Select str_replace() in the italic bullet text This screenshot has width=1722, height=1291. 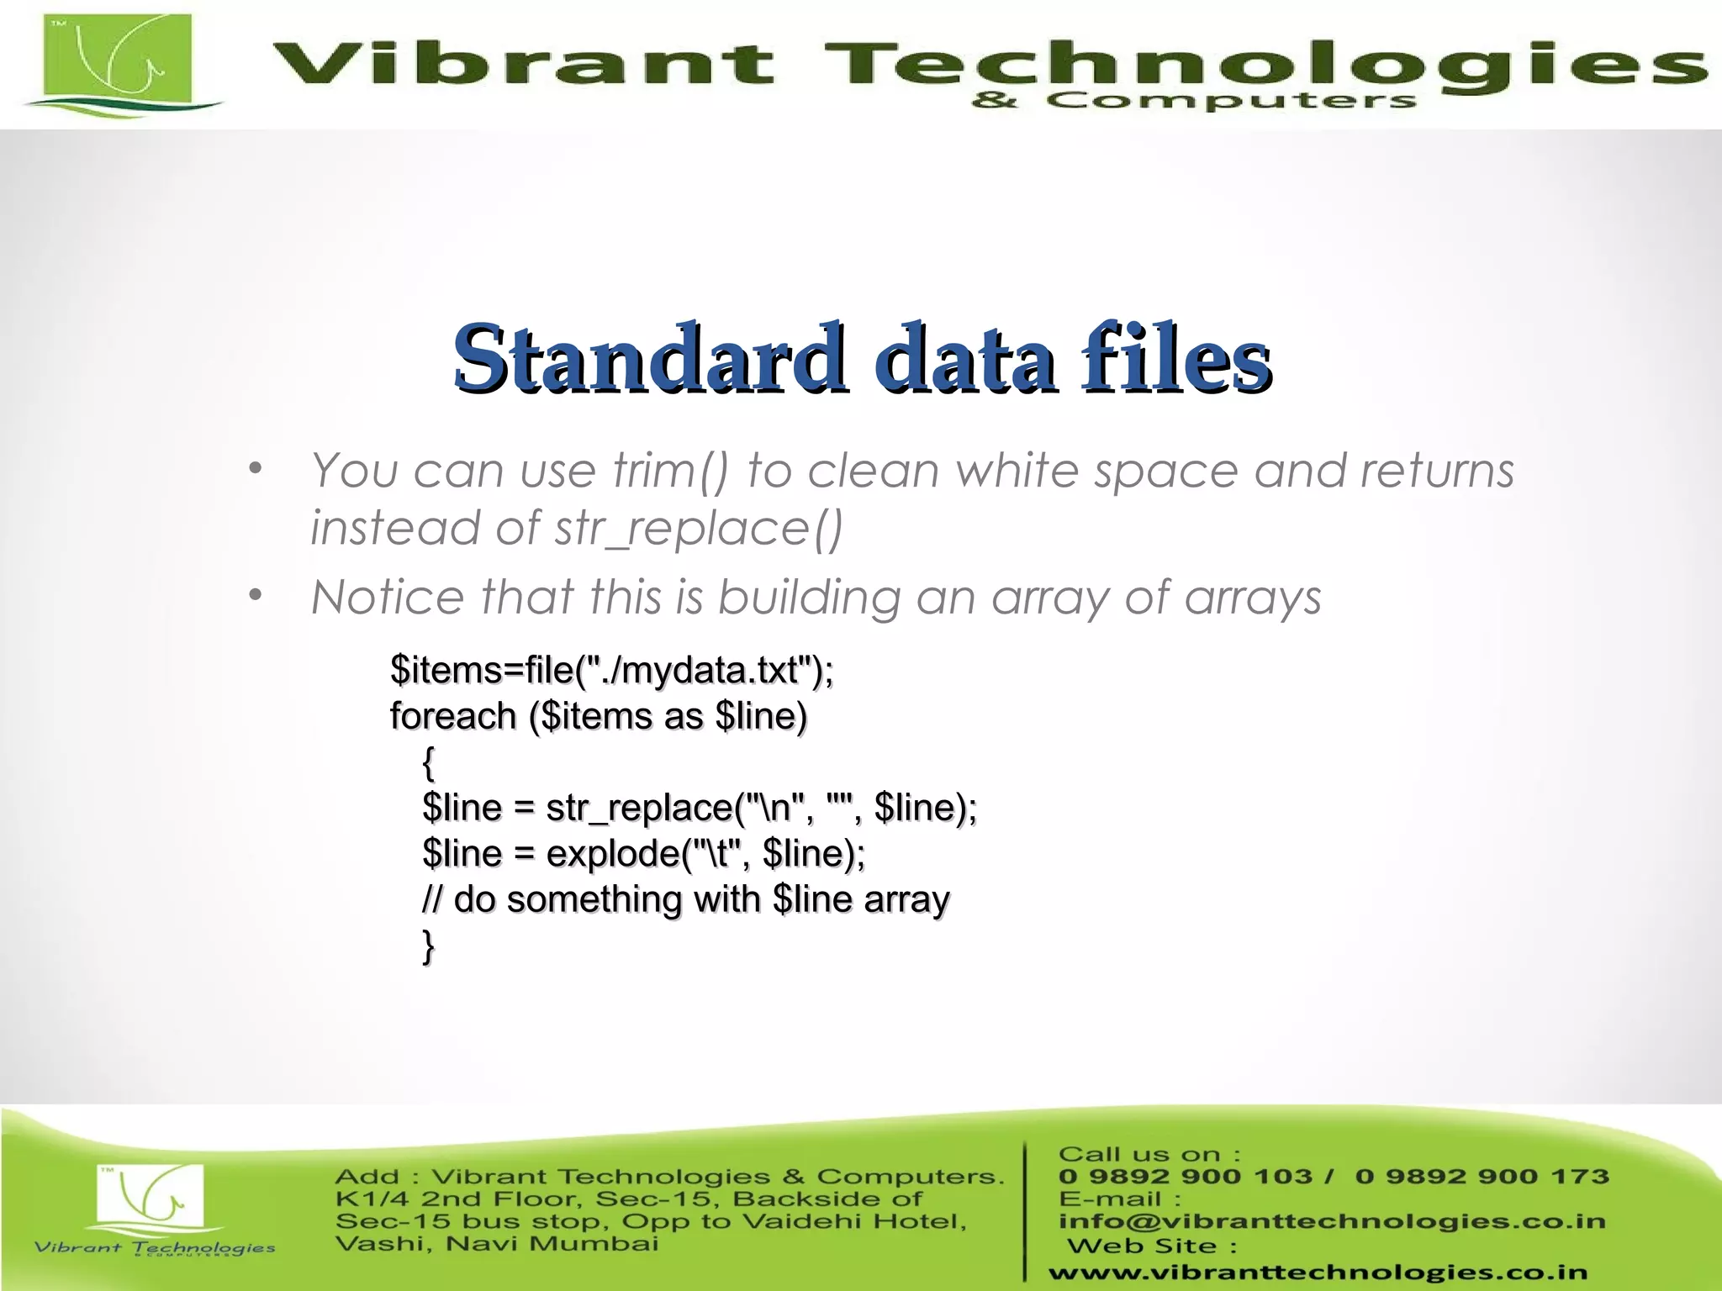click(698, 529)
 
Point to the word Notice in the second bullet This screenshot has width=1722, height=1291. click(388, 598)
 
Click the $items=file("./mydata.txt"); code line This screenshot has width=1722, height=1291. click(611, 671)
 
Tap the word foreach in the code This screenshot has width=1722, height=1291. click(453, 717)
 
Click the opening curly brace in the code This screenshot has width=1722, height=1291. click(429, 762)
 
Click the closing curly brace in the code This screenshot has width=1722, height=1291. click(429, 946)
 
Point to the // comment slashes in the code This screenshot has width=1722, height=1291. click(431, 900)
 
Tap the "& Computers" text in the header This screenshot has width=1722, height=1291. click(1194, 102)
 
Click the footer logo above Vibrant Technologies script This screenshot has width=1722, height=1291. click(150, 1194)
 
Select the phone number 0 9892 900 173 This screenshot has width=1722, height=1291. click(1482, 1177)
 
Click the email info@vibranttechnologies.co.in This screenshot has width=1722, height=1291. click(1332, 1221)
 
